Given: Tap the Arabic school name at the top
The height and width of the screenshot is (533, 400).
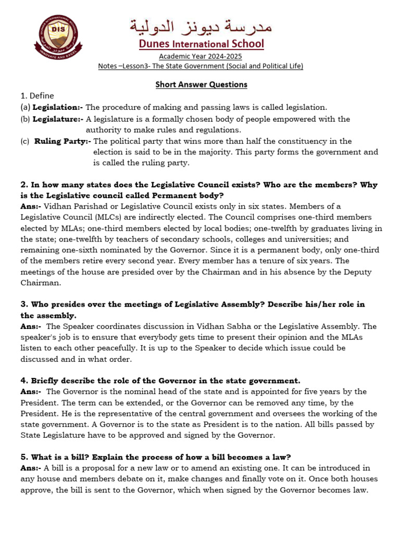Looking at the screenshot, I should [201, 25].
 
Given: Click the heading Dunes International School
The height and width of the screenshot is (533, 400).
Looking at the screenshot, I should [201, 44].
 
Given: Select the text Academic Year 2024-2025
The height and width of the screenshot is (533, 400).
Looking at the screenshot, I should [201, 56].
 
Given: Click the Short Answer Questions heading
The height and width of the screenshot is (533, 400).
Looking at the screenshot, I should [201, 84].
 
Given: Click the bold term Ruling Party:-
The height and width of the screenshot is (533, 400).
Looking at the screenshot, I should [63, 141].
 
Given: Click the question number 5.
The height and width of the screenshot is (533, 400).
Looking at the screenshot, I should [24, 457].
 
